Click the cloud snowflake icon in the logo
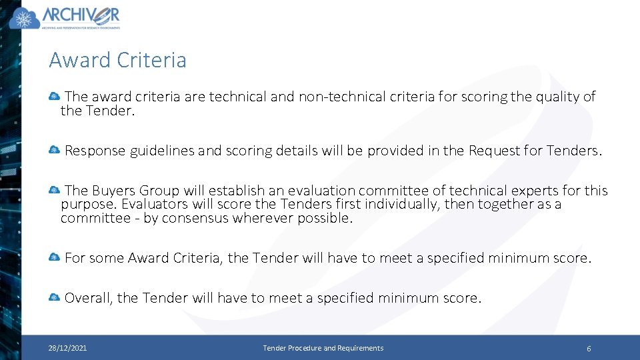tap(25, 18)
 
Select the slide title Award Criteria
tap(117, 60)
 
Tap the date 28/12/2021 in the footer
tap(67, 348)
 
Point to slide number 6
tap(589, 349)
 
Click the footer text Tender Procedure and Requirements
tap(323, 348)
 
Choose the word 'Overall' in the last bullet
tap(89, 298)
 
